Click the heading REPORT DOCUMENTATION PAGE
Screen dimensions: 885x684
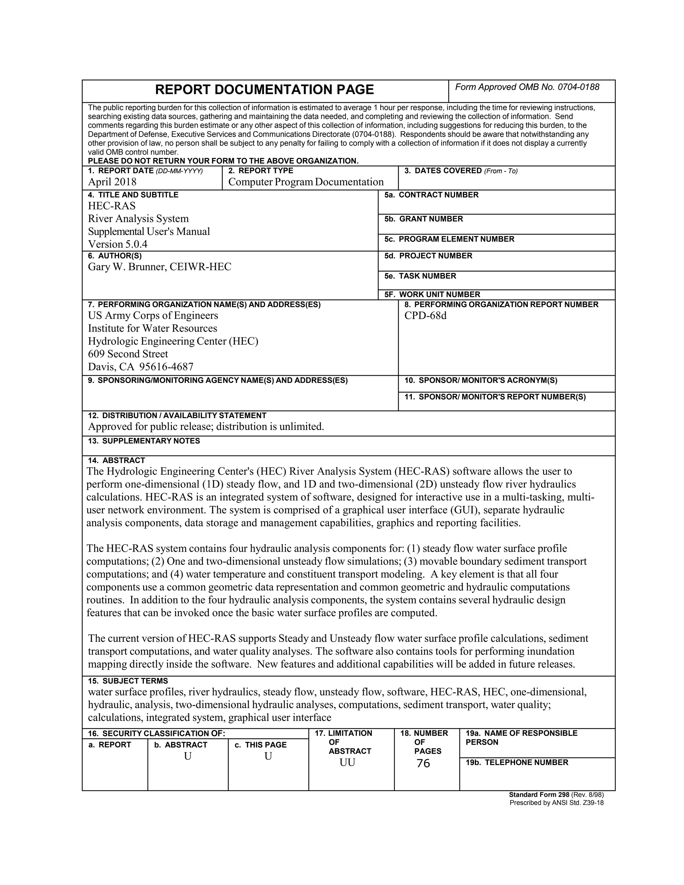264,90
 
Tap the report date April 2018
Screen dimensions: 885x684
112,182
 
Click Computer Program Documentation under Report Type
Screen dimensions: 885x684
306,182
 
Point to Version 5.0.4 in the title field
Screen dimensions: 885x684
118,244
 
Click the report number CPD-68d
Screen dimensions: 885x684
425,315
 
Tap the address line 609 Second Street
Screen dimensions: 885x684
128,354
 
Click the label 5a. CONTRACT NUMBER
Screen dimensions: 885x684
431,195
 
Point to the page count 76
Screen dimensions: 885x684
423,763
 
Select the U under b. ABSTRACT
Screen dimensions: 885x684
188,756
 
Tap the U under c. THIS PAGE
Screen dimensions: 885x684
268,756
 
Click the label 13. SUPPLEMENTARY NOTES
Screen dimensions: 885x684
144,441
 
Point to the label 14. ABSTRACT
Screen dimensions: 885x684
117,460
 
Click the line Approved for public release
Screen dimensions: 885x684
206,426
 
